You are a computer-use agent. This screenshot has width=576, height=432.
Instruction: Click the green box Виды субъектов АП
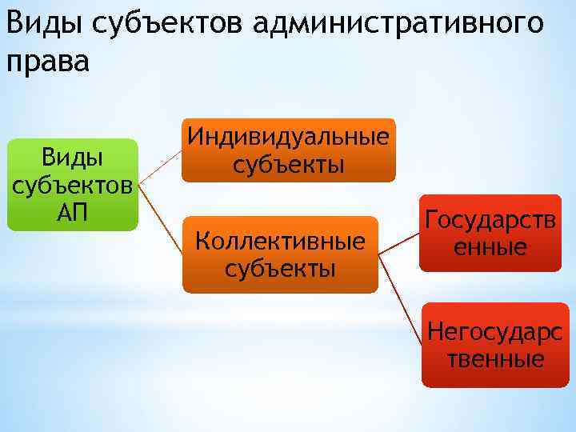(73, 184)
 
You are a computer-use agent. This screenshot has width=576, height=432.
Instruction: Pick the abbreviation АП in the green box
(73, 212)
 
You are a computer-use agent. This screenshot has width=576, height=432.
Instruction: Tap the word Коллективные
(280, 240)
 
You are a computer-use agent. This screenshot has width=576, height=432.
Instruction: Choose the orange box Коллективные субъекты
(280, 254)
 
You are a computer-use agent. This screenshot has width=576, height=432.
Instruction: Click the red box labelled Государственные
(490, 232)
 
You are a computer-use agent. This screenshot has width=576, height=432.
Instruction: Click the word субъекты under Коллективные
(280, 267)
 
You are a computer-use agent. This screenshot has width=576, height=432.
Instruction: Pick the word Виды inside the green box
(73, 157)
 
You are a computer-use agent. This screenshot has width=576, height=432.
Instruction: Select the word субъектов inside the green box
(73, 185)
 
